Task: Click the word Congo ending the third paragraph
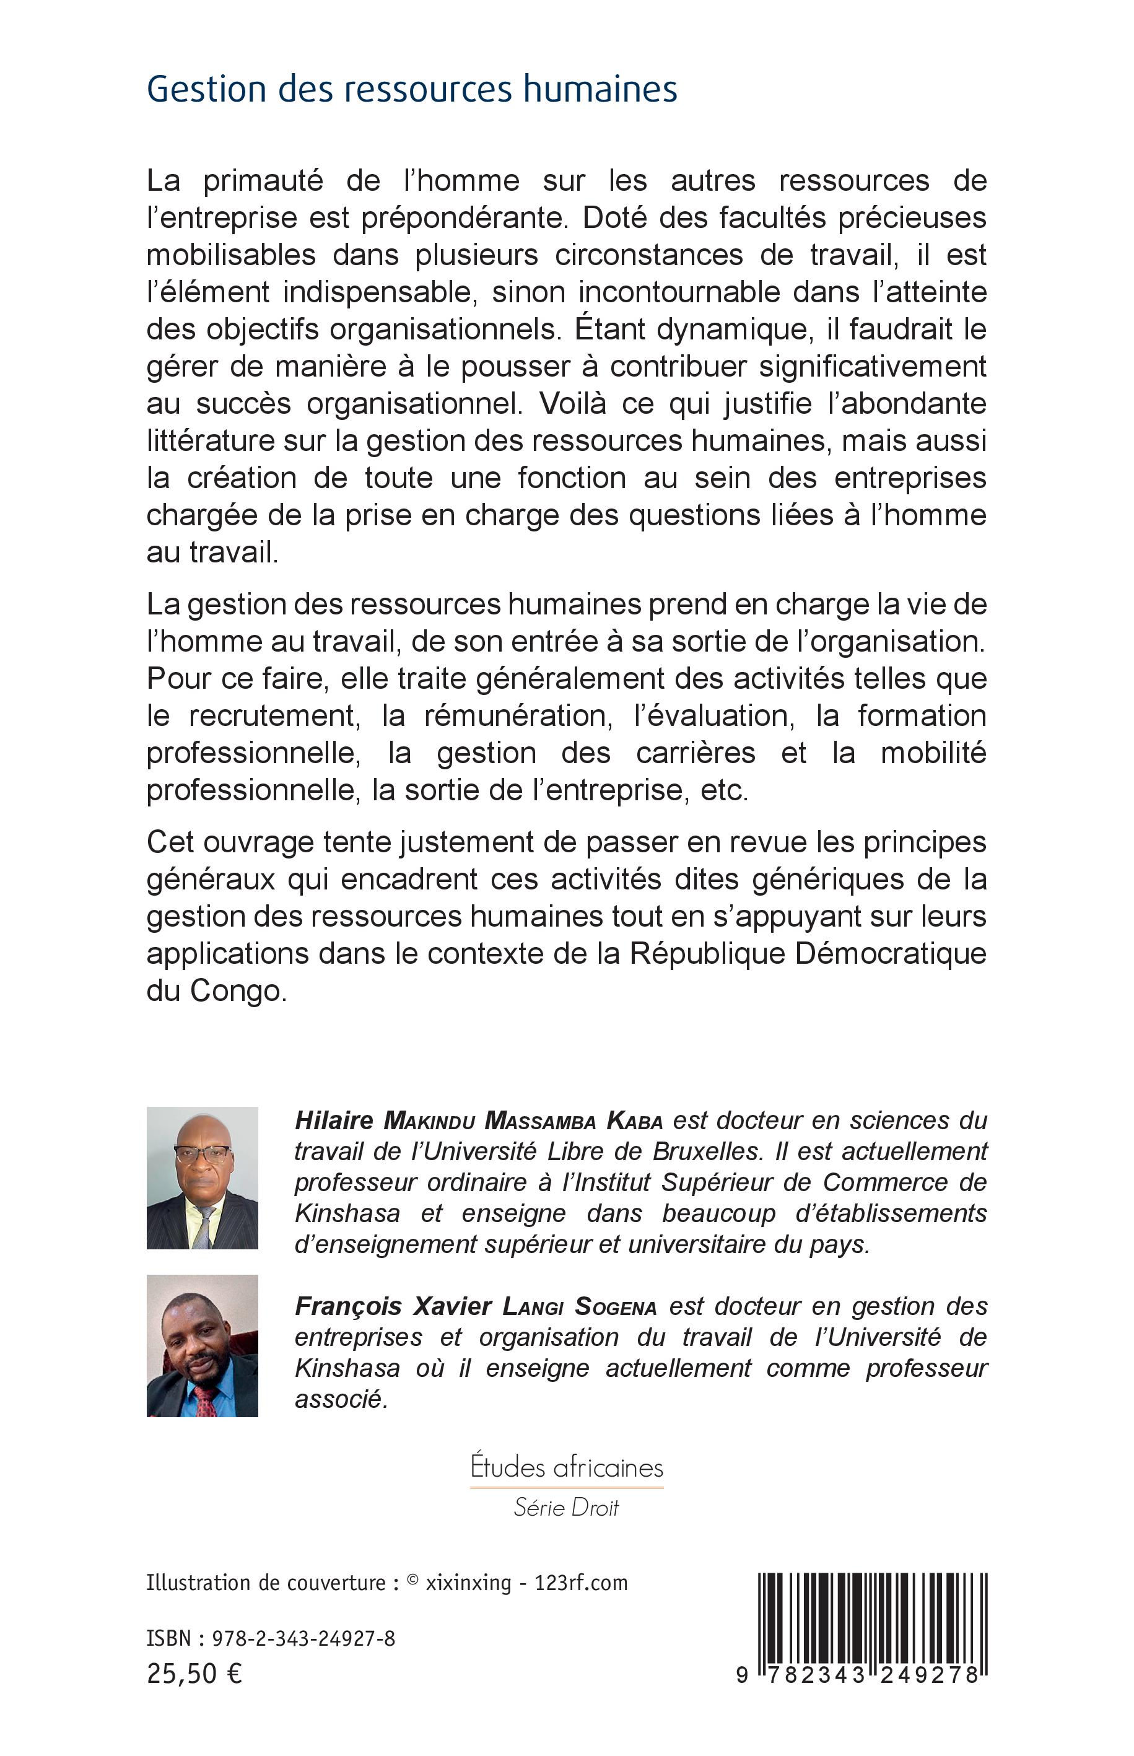(237, 990)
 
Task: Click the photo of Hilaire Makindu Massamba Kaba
(203, 1178)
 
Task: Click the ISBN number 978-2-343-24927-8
(303, 1638)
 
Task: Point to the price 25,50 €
(194, 1674)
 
